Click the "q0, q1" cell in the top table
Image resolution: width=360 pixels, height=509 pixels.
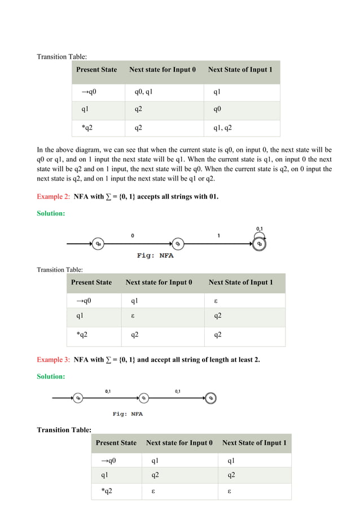tap(143, 91)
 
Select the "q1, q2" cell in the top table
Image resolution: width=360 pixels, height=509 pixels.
tap(222, 128)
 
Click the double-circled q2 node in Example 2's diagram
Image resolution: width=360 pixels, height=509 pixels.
tap(259, 244)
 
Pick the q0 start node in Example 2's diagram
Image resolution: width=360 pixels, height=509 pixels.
tap(98, 244)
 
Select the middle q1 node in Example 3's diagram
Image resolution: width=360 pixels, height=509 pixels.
tap(144, 398)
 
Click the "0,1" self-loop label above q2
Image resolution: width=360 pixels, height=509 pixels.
tap(260, 229)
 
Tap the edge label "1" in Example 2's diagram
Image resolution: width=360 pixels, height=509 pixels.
tap(219, 236)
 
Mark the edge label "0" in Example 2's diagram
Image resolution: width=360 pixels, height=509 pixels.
tap(132, 236)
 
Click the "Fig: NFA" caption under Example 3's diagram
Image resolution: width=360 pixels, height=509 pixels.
tap(128, 414)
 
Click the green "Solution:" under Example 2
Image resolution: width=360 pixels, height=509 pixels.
tap(51, 213)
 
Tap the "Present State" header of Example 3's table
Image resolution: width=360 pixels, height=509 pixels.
tap(116, 443)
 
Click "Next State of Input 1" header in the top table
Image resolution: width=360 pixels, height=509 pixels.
tap(240, 70)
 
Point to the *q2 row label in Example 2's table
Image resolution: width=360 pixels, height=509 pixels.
tap(82, 335)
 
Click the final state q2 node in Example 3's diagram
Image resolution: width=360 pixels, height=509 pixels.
tap(210, 398)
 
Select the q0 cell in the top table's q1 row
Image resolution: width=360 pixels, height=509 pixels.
tap(217, 109)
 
